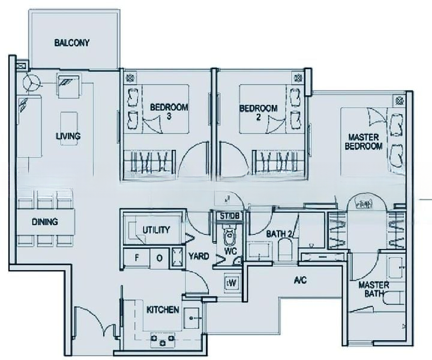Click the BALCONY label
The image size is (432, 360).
pyautogui.click(x=71, y=43)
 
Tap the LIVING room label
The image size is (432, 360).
pyautogui.click(x=68, y=136)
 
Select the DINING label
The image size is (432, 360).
pyautogui.click(x=45, y=222)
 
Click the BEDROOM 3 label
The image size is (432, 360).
pyautogui.click(x=169, y=112)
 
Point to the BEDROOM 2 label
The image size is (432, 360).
pyautogui.click(x=258, y=112)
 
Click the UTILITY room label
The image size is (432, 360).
pyautogui.click(x=156, y=230)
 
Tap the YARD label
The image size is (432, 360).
pyautogui.click(x=199, y=256)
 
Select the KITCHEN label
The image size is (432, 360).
pyautogui.click(x=163, y=310)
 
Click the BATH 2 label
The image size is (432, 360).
pyautogui.click(x=279, y=233)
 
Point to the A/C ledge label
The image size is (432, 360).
pyautogui.click(x=300, y=280)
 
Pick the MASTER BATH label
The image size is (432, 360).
pyautogui.click(x=374, y=289)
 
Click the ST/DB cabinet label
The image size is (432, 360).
pyautogui.click(x=229, y=216)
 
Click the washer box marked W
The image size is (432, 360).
pyautogui.click(x=231, y=282)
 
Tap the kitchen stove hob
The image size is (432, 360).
pyautogui.click(x=163, y=339)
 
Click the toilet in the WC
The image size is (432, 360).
pyautogui.click(x=230, y=233)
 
